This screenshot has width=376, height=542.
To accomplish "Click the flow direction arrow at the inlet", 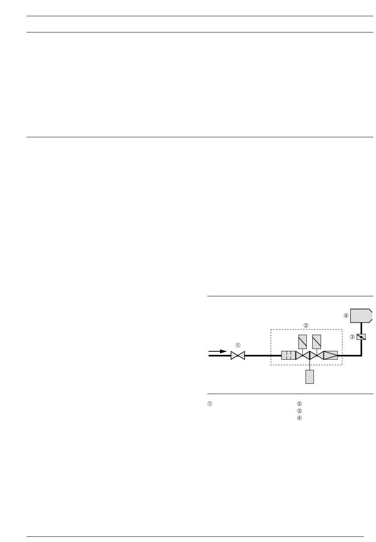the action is [217, 351].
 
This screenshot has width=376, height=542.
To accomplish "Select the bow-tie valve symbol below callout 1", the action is [238, 355].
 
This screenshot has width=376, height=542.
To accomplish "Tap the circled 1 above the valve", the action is [238, 345].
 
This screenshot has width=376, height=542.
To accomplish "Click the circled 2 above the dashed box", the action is [306, 326].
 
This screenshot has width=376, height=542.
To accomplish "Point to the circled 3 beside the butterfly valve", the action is [352, 337].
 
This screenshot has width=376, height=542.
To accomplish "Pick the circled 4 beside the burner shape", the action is [346, 316].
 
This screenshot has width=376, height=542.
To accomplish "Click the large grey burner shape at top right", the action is [361, 316].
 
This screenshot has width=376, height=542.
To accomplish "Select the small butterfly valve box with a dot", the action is [361, 337].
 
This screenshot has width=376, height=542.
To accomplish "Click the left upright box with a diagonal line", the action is [302, 342].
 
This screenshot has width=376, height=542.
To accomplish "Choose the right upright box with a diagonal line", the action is [317, 342].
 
